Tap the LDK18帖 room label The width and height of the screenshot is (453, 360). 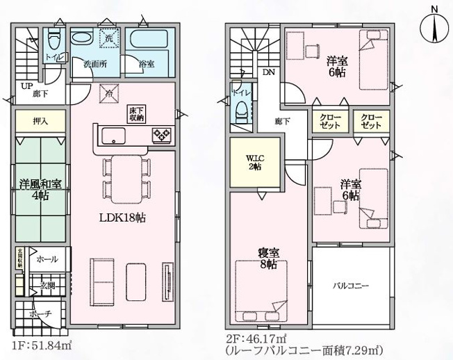pos(122,217)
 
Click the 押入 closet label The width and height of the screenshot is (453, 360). pos(40,121)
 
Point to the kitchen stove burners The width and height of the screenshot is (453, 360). pos(161,134)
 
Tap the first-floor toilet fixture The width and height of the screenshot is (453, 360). pos(56,38)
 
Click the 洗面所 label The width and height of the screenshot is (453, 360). pos(93,64)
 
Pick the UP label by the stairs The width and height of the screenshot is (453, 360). pos(26,87)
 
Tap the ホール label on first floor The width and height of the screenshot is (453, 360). pos(47,259)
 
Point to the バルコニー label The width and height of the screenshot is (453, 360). pos(349,286)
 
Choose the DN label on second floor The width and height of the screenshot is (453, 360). pos(268,72)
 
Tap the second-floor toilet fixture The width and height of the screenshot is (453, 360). pos(241,107)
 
